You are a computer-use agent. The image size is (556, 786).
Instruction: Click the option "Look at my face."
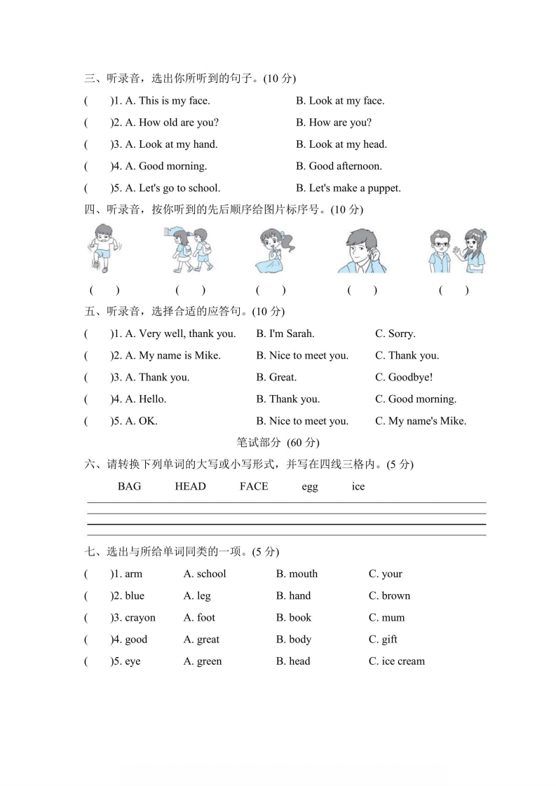340,101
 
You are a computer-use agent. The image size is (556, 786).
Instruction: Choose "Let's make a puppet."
348,188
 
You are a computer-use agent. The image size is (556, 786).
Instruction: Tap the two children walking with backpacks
190,251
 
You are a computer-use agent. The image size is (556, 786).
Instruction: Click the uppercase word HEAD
190,486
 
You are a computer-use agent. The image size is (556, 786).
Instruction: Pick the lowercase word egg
309,487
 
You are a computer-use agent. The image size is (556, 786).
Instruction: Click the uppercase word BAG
129,486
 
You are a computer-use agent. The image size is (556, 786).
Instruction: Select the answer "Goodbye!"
404,378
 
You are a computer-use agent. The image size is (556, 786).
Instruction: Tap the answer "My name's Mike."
421,421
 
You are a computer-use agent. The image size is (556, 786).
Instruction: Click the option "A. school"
205,574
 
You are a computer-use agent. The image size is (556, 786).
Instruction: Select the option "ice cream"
397,661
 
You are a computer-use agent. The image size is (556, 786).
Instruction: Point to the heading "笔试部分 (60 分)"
278,442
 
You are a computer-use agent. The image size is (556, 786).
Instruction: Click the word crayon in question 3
140,618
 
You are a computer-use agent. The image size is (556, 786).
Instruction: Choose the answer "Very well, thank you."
180,334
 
